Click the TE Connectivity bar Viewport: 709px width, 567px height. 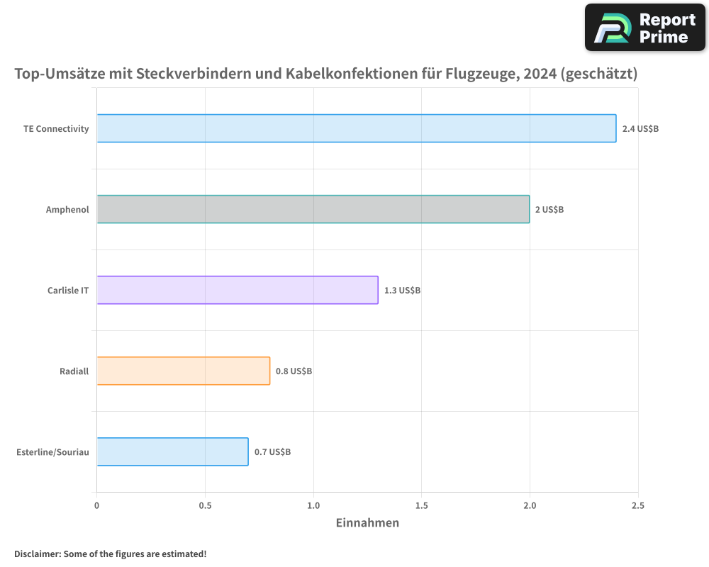[x=357, y=128]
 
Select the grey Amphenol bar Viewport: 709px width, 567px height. [x=313, y=209]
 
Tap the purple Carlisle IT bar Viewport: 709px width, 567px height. [x=238, y=290]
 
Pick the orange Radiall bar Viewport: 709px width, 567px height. [x=183, y=371]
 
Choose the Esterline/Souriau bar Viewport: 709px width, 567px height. [x=172, y=451]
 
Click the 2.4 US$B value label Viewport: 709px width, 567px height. [x=640, y=129]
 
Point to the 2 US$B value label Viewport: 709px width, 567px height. [x=549, y=210]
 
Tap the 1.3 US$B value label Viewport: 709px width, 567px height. [x=402, y=291]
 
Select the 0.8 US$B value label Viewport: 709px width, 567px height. [x=294, y=371]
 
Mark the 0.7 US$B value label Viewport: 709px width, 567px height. [x=272, y=452]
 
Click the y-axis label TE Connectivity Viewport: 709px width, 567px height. [x=56, y=129]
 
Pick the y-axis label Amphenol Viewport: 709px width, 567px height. [x=67, y=210]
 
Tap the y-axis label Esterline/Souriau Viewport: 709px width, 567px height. [x=52, y=452]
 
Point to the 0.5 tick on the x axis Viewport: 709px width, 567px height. [x=205, y=505]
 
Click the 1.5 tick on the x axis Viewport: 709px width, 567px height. [x=421, y=505]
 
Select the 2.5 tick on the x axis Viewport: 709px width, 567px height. [x=637, y=505]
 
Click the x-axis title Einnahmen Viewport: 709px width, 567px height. [x=367, y=523]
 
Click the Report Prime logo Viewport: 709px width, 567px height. [x=645, y=28]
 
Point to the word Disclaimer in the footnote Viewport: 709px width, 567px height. [x=36, y=554]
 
